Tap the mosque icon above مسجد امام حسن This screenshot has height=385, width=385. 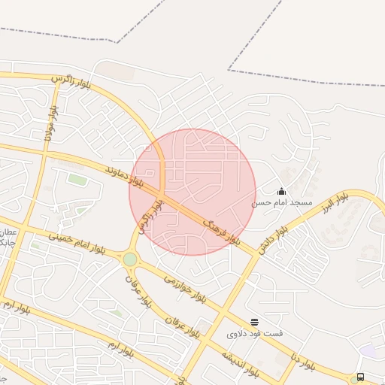pyautogui.click(x=282, y=192)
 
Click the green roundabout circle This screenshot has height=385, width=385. pyautogui.click(x=130, y=259)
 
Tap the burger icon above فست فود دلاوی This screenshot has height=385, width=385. pyautogui.click(x=254, y=322)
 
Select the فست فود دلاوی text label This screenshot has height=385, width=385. pyautogui.click(x=253, y=332)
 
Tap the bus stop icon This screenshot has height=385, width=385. pyautogui.click(x=361, y=377)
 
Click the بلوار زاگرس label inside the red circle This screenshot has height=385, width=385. pyautogui.click(x=149, y=215)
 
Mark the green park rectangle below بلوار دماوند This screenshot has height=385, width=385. pyautogui.click(x=77, y=180)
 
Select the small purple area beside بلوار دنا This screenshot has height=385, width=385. pyautogui.click(x=368, y=350)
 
